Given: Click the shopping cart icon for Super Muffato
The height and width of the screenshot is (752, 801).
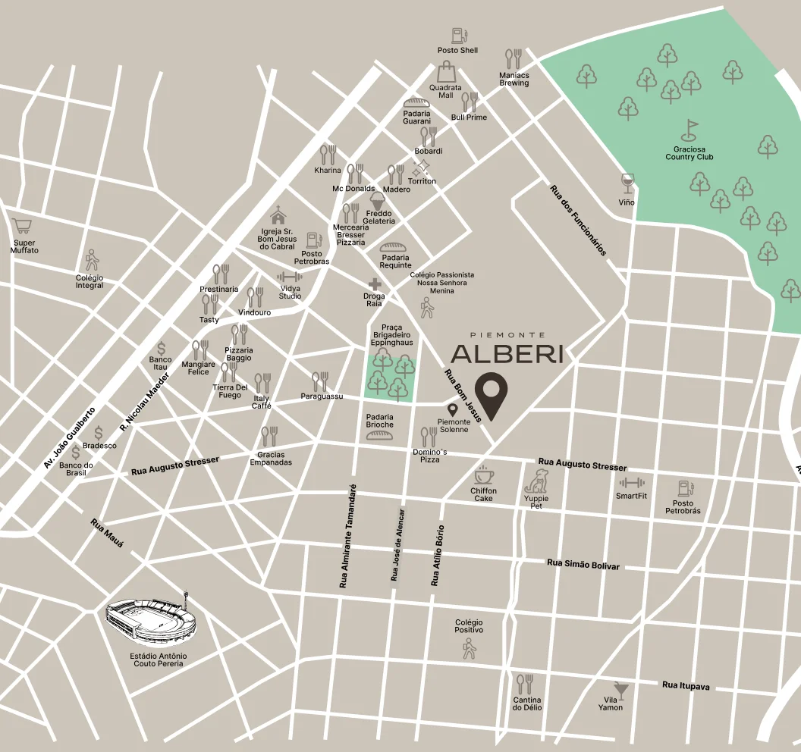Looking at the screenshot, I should pos(23,227).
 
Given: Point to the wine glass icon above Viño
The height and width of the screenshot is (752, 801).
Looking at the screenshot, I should pos(627,183).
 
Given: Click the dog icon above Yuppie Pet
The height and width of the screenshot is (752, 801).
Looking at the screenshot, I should pos(537,481).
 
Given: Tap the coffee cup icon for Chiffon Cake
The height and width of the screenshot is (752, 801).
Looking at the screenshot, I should pos(483,475).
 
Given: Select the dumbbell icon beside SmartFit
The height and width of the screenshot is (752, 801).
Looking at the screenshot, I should pos(631,482).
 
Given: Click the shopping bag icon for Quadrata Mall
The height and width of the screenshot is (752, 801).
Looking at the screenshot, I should pos(446,72).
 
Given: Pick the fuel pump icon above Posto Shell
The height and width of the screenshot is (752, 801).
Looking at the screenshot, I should pos(458,35).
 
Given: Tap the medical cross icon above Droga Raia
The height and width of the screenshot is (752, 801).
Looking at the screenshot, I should pos(374,284).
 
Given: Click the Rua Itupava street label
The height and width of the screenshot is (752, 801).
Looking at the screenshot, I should pos(686,685).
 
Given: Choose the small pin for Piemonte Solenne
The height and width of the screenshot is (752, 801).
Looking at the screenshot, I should pos(453,410).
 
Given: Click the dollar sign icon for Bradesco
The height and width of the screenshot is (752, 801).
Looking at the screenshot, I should pos(99,433).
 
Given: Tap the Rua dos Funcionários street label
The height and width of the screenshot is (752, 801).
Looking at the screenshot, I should pos(578,220).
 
